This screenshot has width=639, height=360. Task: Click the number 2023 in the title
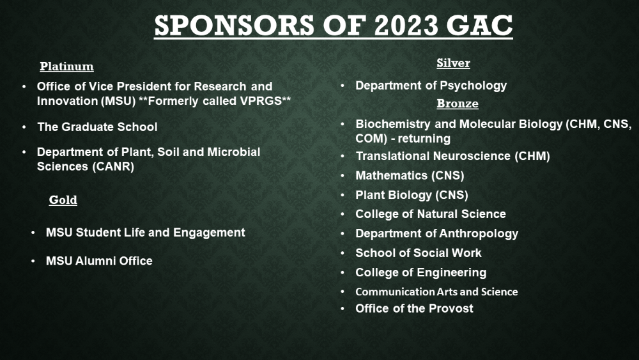click(406, 26)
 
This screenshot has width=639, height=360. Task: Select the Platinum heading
click(67, 67)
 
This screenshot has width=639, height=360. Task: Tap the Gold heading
click(63, 200)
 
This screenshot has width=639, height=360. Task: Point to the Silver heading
click(453, 63)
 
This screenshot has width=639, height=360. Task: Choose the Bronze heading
click(458, 104)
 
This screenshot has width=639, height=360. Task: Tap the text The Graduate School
click(97, 127)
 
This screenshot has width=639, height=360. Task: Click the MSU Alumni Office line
click(99, 261)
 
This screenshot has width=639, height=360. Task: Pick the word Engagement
click(209, 233)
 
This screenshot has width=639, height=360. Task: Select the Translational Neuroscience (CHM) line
click(453, 156)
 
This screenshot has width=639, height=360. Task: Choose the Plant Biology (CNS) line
click(412, 195)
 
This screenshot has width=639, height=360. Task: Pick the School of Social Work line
click(419, 253)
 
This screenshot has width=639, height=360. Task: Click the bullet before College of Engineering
click(343, 272)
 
